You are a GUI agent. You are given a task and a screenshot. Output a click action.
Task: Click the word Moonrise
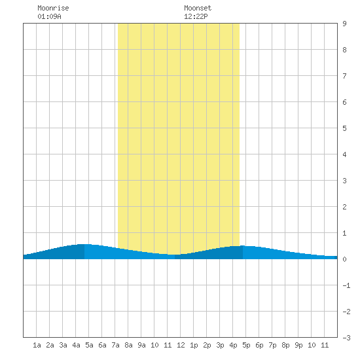tap(53, 8)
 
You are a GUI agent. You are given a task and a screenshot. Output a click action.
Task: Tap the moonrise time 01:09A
tap(49, 16)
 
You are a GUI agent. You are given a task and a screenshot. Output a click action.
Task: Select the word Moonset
tap(198, 8)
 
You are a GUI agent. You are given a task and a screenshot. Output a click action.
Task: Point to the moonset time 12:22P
tap(196, 16)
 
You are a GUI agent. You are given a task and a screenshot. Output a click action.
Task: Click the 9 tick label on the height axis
tap(344, 24)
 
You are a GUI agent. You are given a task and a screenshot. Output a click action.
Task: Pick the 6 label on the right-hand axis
tap(344, 102)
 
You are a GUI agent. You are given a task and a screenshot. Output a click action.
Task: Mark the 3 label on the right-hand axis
tap(344, 181)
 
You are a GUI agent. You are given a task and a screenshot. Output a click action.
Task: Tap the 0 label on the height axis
tap(344, 259)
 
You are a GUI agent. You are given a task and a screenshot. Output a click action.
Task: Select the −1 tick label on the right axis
tap(346, 285)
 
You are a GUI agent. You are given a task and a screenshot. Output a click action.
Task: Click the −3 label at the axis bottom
tap(346, 338)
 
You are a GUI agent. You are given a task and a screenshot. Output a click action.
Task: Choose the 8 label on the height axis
tap(344, 50)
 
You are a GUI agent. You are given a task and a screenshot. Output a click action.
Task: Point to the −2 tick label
tap(346, 312)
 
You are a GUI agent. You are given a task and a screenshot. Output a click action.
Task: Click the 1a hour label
tap(37, 345)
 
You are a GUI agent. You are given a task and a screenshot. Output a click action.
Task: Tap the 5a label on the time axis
tap(89, 345)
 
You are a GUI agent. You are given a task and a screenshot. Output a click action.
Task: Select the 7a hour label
tap(115, 345)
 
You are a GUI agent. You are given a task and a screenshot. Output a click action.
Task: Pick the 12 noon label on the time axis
tap(181, 345)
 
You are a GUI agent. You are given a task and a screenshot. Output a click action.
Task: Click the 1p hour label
tap(194, 345)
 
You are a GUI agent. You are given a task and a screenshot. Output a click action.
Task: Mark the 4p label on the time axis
tap(233, 345)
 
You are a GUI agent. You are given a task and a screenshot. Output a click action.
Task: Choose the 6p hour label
tap(259, 345)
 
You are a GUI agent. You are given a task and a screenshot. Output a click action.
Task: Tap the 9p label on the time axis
tap(298, 345)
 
